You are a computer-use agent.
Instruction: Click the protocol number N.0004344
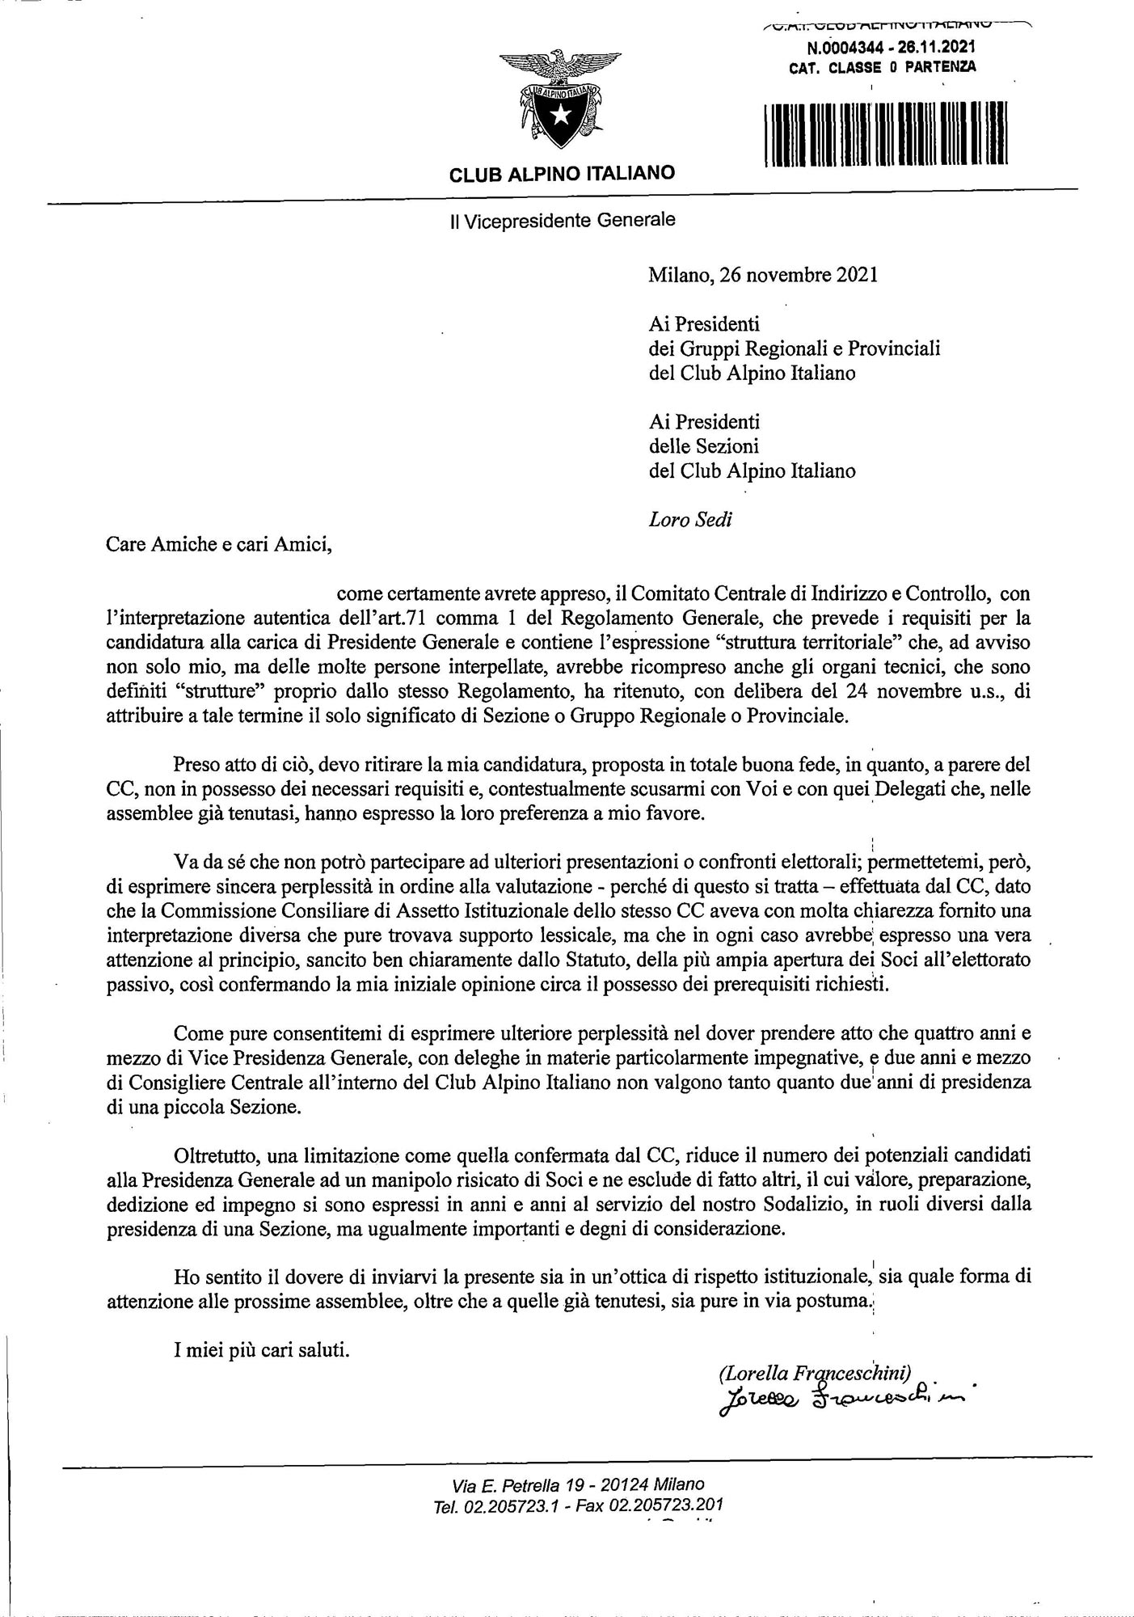click(x=837, y=49)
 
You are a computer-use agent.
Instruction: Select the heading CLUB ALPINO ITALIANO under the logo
click(x=562, y=173)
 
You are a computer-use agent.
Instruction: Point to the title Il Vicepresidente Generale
click(x=562, y=219)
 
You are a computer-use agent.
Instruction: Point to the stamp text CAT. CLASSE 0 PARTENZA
click(x=882, y=68)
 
